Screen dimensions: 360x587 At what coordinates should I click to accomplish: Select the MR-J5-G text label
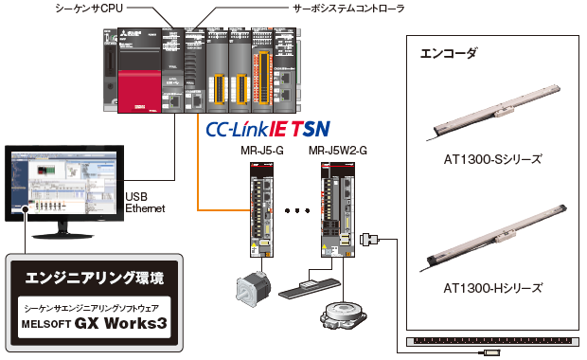click(x=264, y=150)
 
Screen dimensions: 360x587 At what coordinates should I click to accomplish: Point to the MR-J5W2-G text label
click(x=337, y=150)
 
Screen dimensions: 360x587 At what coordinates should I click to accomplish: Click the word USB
click(x=137, y=196)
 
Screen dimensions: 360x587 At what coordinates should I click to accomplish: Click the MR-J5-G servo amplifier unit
click(x=262, y=209)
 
